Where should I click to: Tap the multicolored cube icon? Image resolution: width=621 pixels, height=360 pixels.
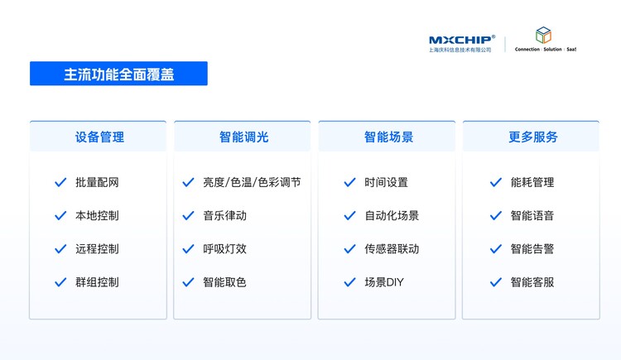(543, 35)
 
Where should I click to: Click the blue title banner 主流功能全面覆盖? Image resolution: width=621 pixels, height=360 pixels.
(118, 74)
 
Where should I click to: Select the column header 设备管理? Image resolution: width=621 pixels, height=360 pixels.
(99, 137)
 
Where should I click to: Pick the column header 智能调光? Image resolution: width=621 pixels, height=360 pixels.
(244, 137)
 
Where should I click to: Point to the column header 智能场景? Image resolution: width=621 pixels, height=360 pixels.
(388, 137)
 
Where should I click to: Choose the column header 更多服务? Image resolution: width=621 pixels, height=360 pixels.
(533, 137)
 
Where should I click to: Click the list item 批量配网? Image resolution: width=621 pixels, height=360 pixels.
(97, 182)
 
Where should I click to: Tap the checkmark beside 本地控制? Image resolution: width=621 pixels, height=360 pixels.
(60, 215)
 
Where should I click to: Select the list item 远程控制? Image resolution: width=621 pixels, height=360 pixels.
(97, 249)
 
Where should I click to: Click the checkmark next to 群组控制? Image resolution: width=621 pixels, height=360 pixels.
(60, 282)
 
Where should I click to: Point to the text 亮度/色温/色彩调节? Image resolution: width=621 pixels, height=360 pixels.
(252, 182)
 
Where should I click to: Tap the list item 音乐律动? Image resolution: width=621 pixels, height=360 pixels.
(224, 215)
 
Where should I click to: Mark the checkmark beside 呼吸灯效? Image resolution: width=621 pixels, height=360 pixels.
(188, 249)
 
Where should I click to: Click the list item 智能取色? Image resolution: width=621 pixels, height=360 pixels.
(224, 282)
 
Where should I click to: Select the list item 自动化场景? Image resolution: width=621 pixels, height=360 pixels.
(392, 215)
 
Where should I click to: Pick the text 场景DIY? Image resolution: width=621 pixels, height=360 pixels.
(384, 282)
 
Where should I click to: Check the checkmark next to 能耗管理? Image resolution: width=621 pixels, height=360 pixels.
(496, 182)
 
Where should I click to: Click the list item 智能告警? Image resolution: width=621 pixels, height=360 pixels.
(532, 249)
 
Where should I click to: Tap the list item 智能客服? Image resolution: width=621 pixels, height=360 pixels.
(532, 282)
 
